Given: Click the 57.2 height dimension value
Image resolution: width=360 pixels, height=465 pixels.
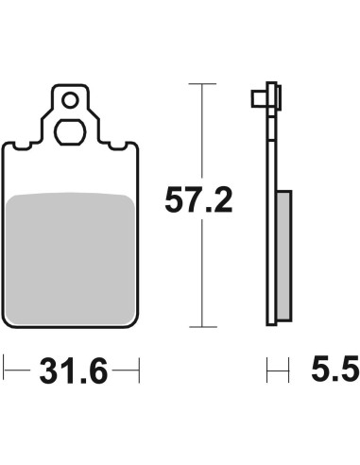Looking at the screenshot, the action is pyautogui.click(x=198, y=200).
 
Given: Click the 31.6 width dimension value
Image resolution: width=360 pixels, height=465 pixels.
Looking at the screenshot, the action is pyautogui.click(x=74, y=370).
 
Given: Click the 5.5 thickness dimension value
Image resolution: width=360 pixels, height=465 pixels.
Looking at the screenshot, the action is pyautogui.click(x=335, y=368).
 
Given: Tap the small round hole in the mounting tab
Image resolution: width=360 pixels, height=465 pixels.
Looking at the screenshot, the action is pyautogui.click(x=70, y=101).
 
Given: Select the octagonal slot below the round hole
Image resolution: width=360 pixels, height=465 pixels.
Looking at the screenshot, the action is pyautogui.click(x=70, y=131).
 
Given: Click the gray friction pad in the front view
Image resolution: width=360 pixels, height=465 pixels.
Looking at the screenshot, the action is pyautogui.click(x=70, y=259).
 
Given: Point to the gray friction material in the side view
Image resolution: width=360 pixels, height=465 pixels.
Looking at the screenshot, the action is pyautogui.click(x=283, y=255).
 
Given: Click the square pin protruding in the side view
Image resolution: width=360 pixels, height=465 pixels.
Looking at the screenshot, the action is pyautogui.click(x=259, y=99).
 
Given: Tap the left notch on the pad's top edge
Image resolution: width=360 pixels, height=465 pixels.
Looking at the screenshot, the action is pyautogui.click(x=22, y=146).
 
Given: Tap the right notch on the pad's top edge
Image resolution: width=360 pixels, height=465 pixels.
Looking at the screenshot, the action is pyautogui.click(x=117, y=146).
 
